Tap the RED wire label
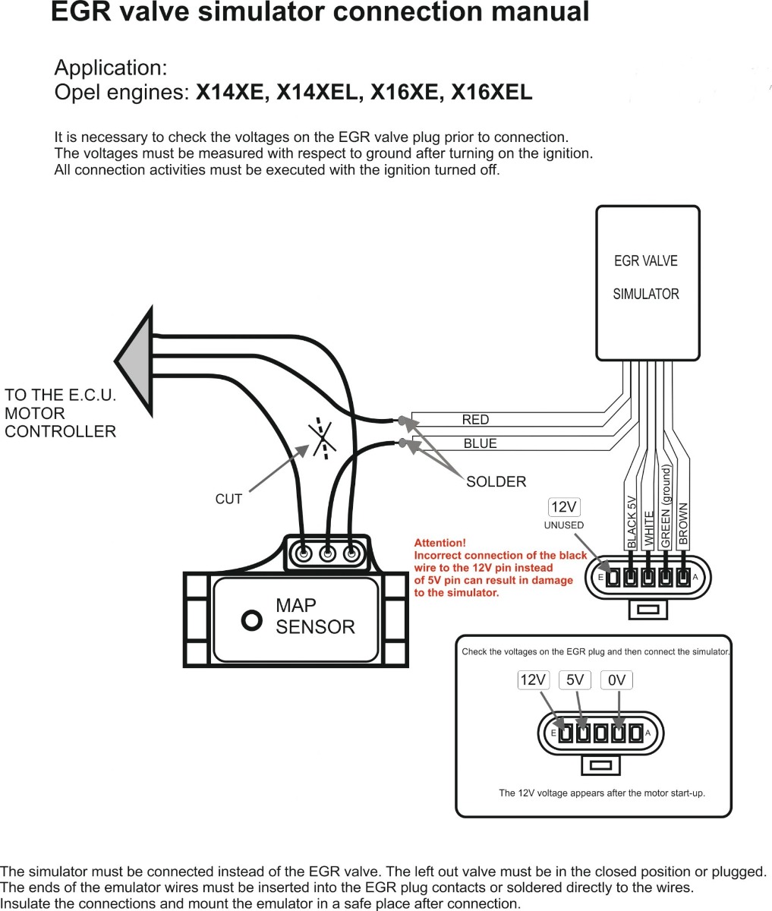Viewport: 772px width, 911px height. pyautogui.click(x=475, y=420)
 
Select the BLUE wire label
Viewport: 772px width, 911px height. pyautogui.click(x=480, y=443)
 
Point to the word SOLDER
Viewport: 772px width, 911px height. pyautogui.click(x=496, y=481)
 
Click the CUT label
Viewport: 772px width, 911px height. pyautogui.click(x=228, y=499)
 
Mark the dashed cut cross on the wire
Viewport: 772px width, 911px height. pyautogui.click(x=323, y=439)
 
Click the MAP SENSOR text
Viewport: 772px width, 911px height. pyautogui.click(x=314, y=616)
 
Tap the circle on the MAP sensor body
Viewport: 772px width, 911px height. pyautogui.click(x=251, y=620)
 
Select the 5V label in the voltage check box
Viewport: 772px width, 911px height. pyautogui.click(x=575, y=680)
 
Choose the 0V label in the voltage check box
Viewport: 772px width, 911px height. pyautogui.click(x=617, y=680)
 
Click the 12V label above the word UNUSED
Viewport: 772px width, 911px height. pyautogui.click(x=564, y=507)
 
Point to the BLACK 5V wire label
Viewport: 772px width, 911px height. pyautogui.click(x=632, y=522)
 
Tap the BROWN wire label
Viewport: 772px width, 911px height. pyautogui.click(x=683, y=524)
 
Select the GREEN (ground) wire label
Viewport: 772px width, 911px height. pyautogui.click(x=666, y=507)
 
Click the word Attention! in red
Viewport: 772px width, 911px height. pyautogui.click(x=440, y=543)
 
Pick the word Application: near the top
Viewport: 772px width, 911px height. pyautogui.click(x=111, y=68)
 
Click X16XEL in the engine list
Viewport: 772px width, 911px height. pyautogui.click(x=492, y=93)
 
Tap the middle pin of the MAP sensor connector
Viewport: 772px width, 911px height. pyautogui.click(x=327, y=553)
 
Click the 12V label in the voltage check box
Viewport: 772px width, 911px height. pyautogui.click(x=533, y=680)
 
